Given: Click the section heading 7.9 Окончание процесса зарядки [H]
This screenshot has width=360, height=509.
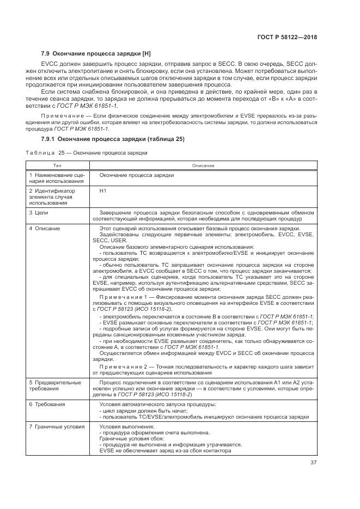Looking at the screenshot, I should [95, 54].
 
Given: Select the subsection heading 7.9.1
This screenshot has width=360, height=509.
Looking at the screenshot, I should [113, 139].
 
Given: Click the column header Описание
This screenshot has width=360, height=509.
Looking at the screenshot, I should [203, 165].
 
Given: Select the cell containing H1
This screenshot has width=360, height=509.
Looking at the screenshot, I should [103, 191].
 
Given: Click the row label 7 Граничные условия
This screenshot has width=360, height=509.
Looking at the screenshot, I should [54, 426].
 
